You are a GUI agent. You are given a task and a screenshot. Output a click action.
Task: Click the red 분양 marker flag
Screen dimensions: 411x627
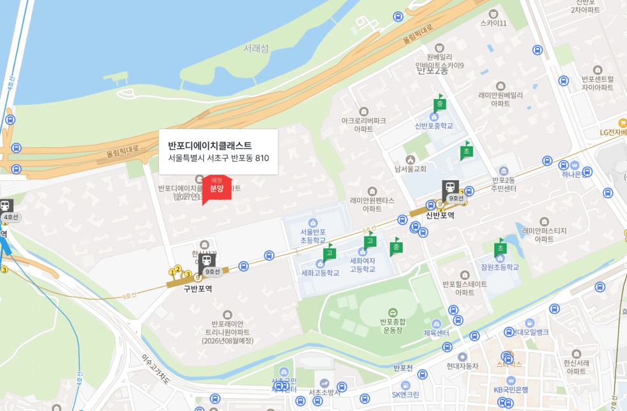216,187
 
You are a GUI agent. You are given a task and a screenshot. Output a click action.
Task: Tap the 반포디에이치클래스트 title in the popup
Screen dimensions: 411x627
209,146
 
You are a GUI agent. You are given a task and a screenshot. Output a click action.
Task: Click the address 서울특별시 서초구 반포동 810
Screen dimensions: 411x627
218,159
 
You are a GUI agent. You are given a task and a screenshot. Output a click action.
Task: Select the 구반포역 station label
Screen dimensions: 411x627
197,289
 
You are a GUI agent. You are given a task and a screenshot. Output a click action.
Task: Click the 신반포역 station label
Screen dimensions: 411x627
440,215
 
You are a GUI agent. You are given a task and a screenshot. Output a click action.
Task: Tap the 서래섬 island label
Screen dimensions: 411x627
256,48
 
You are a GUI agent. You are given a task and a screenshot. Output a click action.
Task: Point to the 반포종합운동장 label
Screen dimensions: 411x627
393,326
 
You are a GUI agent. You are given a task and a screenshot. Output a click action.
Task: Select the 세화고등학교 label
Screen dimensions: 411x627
321,273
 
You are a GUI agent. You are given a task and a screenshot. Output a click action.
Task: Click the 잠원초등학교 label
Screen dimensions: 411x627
500,267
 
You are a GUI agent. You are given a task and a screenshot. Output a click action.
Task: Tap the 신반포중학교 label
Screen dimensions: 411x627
434,126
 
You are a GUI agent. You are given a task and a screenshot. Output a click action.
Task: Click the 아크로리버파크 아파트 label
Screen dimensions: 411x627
363,124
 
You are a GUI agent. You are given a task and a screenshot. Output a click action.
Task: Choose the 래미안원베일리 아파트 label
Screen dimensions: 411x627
500,99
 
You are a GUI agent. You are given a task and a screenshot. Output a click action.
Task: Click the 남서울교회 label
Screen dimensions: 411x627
410,169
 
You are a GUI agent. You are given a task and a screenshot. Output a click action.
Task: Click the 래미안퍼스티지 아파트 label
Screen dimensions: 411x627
544,235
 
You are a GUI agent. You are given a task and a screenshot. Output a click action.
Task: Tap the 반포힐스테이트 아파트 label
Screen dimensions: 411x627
465,288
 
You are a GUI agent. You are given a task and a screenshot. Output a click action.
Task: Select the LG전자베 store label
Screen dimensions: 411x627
613,133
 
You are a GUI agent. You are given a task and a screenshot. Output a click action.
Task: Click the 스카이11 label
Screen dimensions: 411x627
493,23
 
